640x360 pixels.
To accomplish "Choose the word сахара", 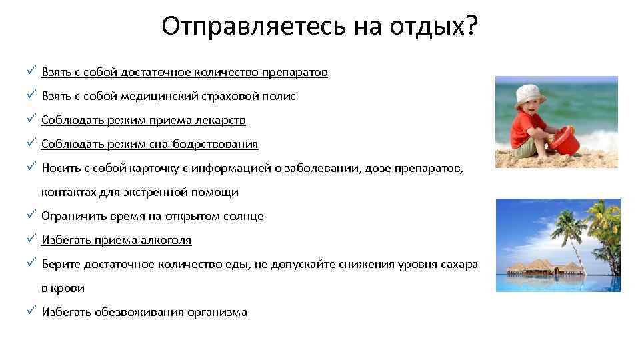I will point(459,265).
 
